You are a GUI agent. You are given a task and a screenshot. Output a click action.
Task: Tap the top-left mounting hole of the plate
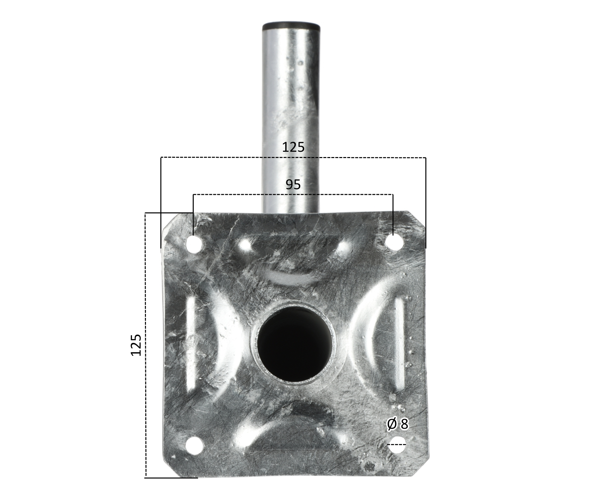(194, 245)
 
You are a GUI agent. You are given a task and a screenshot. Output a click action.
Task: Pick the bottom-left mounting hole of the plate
(194, 445)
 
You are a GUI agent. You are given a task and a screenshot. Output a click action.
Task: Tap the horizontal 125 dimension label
(293, 147)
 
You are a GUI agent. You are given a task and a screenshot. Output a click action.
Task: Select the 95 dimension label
(293, 185)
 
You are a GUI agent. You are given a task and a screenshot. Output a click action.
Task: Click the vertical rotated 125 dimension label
(136, 345)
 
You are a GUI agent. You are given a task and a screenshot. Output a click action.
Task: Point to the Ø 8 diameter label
(398, 424)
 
